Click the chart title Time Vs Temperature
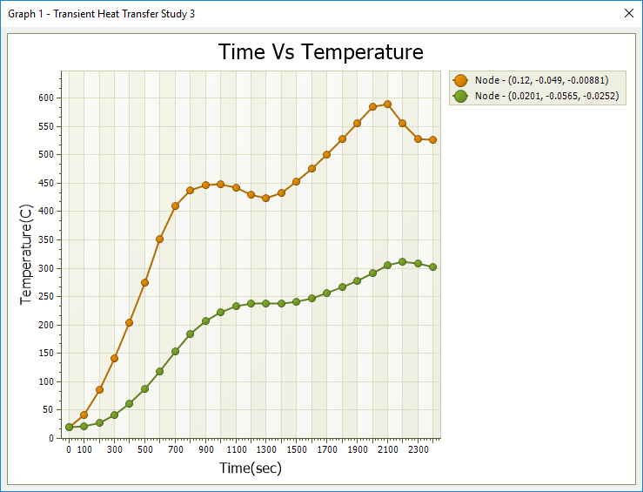tap(321, 52)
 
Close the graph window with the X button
tap(630, 13)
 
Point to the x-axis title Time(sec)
tap(251, 468)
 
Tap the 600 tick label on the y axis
tap(45, 98)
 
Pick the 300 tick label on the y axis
tap(45, 268)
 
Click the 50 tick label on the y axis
tap(48, 410)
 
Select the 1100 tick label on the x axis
tap(236, 450)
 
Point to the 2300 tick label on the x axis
tap(418, 450)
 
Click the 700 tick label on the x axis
tap(175, 450)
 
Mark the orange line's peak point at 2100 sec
tap(387, 104)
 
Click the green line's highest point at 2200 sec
tap(402, 261)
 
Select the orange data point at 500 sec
tap(144, 282)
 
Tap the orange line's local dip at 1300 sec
tap(266, 198)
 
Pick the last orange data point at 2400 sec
tap(432, 139)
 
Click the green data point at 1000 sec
tap(220, 312)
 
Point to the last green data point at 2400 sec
tap(432, 267)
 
